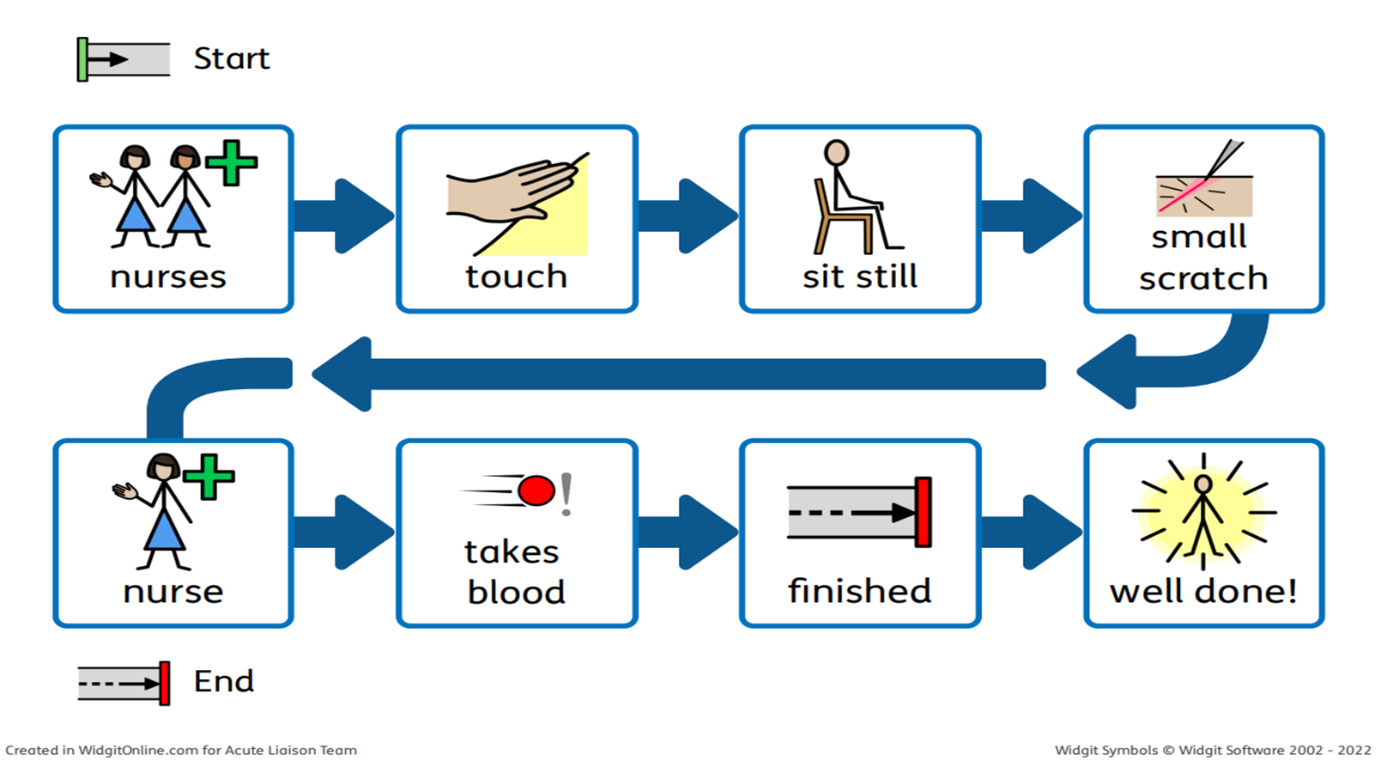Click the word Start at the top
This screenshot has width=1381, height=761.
[x=231, y=58]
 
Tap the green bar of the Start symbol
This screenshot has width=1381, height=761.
[x=82, y=59]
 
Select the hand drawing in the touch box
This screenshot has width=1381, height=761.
[x=506, y=193]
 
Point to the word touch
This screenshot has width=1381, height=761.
[x=516, y=277]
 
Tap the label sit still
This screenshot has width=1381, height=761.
[x=859, y=277]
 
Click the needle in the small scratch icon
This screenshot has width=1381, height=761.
[x=1223, y=159]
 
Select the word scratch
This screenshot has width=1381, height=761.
[x=1202, y=278]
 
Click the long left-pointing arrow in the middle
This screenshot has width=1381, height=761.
[x=678, y=374]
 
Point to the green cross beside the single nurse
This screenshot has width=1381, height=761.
[x=209, y=477]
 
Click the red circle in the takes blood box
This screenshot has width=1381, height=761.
[x=536, y=491]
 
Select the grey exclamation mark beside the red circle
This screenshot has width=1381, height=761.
[x=566, y=494]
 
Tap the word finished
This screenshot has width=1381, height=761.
[x=859, y=591]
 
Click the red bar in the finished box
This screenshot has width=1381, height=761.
[x=923, y=512]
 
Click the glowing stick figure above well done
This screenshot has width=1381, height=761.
[x=1203, y=514]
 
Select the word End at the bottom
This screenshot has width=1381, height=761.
[x=224, y=681]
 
